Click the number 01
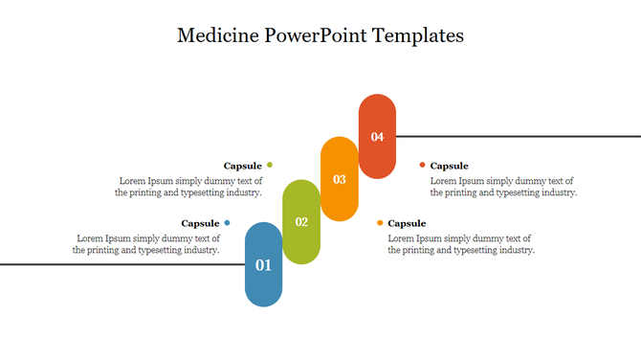coord(263,265)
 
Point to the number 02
coord(301,222)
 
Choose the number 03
coord(339,179)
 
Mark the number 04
coord(377,137)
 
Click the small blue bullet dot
coord(227,223)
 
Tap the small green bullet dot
coord(270,166)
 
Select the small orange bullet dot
coord(380,223)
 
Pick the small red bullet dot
coord(422,166)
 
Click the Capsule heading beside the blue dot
coord(200,223)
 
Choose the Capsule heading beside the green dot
coord(242,166)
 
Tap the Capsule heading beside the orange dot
coord(407,223)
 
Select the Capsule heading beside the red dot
coord(449,166)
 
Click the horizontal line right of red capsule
coord(517,136)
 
